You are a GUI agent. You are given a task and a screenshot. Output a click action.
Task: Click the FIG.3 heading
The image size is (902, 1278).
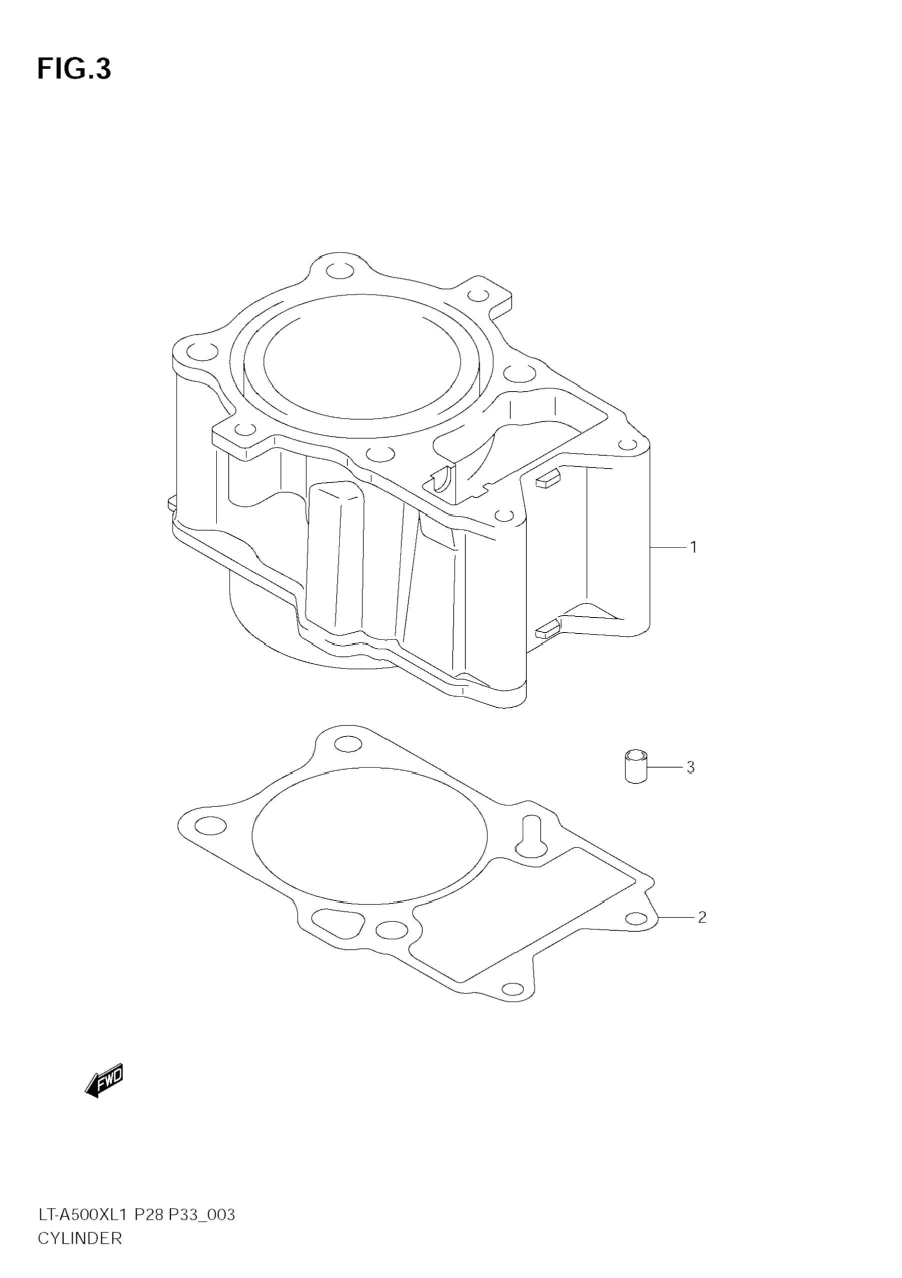74,69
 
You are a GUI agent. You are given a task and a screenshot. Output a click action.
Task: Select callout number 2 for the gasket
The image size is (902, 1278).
701,917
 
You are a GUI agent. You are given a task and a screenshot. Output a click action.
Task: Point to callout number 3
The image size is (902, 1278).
690,767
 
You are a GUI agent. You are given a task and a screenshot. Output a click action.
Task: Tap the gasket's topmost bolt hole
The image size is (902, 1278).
349,744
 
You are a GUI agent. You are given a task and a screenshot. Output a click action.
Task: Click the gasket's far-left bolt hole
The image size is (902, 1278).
211,826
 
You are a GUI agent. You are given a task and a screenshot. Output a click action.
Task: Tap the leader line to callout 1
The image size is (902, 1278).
668,548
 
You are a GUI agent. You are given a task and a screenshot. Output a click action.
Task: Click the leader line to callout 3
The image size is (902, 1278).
665,767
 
